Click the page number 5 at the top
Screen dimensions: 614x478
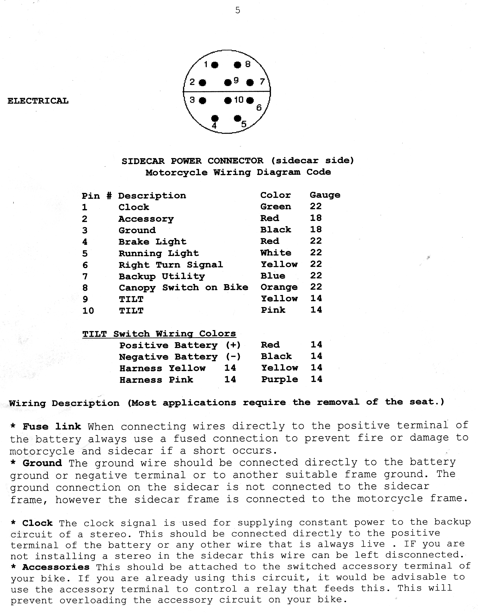(x=238, y=11)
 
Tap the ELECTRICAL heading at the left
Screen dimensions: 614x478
(x=38, y=101)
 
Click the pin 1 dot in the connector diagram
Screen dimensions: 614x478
(x=215, y=65)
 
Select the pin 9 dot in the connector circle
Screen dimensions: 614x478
(x=228, y=82)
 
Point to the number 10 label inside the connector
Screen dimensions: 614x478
(x=239, y=100)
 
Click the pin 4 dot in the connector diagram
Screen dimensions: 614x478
(x=215, y=118)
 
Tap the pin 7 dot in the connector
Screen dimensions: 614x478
(x=250, y=82)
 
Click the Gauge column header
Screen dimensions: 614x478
(x=325, y=195)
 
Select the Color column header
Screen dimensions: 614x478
(x=276, y=195)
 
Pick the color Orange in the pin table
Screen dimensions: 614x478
(x=279, y=287)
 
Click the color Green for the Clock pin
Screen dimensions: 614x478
(x=276, y=207)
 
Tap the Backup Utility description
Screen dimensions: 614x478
(x=162, y=276)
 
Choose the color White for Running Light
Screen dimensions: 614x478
(x=276, y=253)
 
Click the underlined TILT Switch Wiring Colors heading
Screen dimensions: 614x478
(x=159, y=334)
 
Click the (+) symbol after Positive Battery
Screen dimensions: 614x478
(x=233, y=345)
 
